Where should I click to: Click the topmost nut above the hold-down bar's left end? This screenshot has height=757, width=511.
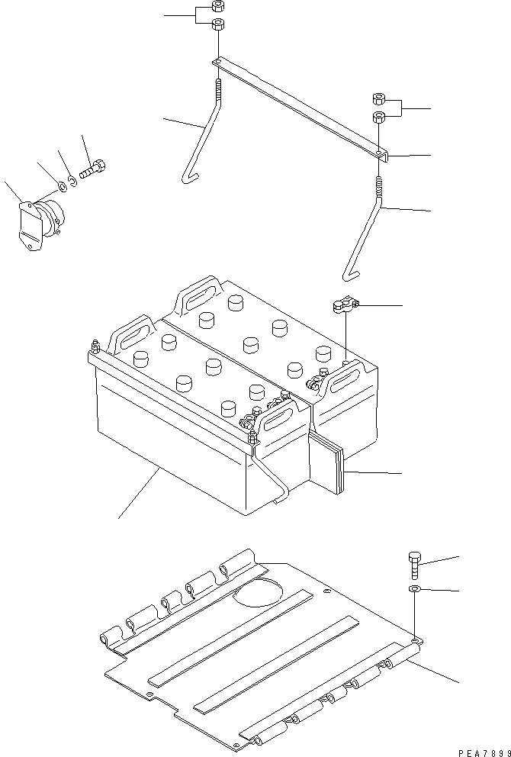(217, 7)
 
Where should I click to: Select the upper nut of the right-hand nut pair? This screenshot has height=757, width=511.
(379, 98)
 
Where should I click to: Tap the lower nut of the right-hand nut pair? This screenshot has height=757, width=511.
(379, 117)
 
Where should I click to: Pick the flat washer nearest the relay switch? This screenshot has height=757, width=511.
(60, 185)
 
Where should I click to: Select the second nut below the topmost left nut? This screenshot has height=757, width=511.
(217, 25)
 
